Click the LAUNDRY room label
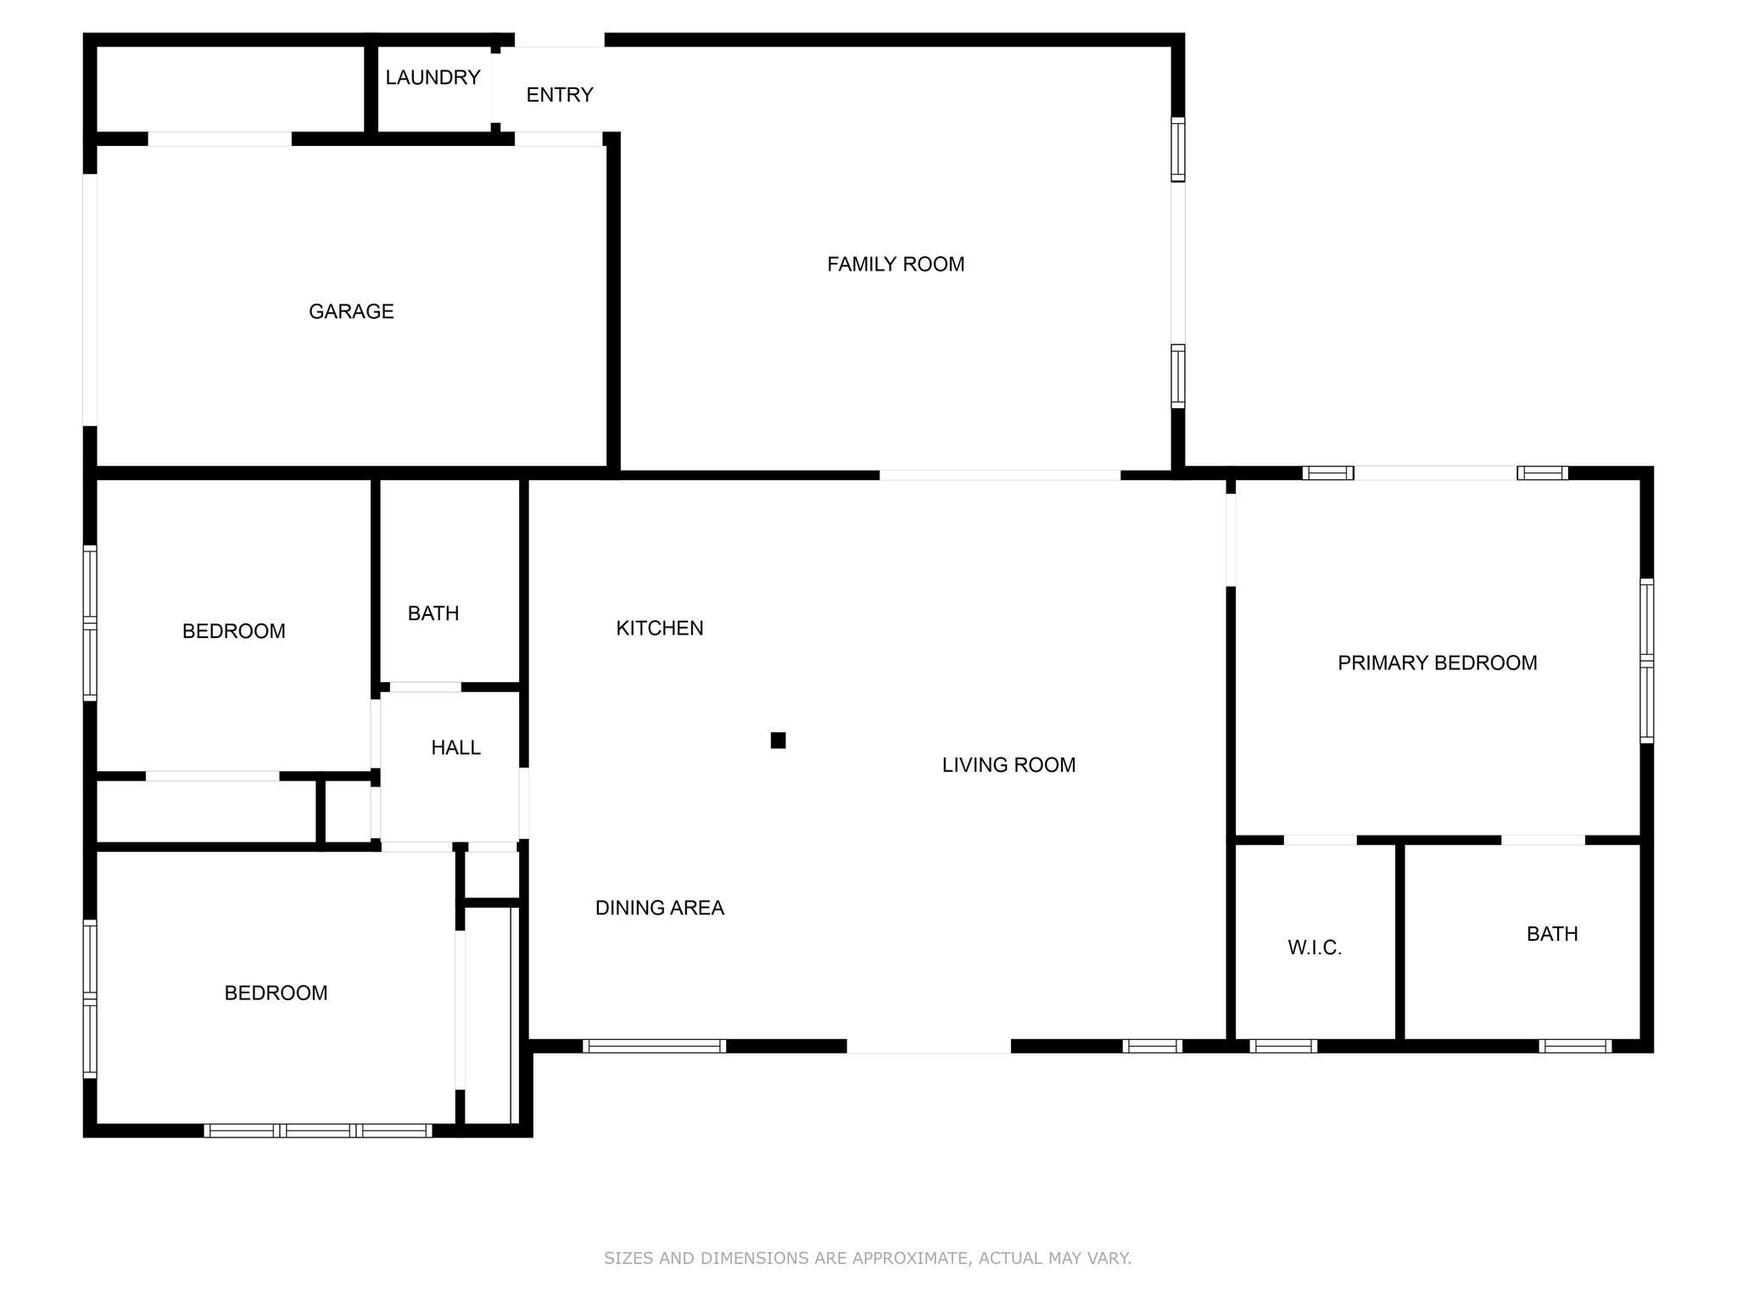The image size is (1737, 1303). click(x=433, y=77)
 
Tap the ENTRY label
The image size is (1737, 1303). click(x=559, y=95)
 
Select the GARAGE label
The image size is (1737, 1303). click(x=351, y=311)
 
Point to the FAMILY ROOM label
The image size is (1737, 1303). click(x=896, y=265)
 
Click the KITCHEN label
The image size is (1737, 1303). click(x=659, y=628)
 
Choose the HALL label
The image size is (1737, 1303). click(x=455, y=747)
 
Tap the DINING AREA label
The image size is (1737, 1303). click(x=659, y=908)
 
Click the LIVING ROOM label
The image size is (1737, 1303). click(x=1008, y=765)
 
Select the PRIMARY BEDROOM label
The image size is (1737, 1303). click(x=1437, y=663)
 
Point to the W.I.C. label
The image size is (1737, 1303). click(x=1315, y=948)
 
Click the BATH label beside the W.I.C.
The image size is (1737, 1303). click(x=1552, y=934)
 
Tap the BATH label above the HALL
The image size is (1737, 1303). click(x=433, y=613)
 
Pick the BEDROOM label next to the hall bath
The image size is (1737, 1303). click(x=233, y=631)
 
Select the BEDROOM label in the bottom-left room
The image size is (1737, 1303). click(x=276, y=993)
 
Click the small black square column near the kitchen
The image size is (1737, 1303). click(x=778, y=741)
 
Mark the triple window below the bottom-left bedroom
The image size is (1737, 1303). click(x=318, y=1130)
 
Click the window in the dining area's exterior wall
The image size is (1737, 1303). click(x=654, y=1046)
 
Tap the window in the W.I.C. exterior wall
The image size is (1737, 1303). click(x=1283, y=1046)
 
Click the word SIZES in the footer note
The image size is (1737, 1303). click(x=628, y=1258)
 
